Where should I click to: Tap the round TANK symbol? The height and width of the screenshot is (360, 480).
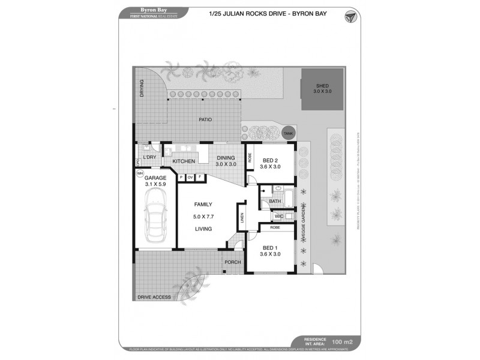(x=289, y=133)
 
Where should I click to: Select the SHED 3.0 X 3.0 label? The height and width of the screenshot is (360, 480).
(x=322, y=88)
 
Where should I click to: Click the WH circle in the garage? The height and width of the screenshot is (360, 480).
(x=140, y=174)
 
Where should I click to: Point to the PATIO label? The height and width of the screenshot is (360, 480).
(x=206, y=120)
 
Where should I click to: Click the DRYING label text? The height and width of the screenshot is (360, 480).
(x=142, y=88)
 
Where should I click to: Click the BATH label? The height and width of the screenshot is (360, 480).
(x=274, y=202)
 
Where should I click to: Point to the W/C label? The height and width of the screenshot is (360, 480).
(x=279, y=216)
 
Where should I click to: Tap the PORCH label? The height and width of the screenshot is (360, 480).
(x=232, y=263)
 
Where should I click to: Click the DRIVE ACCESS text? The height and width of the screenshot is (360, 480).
(x=154, y=297)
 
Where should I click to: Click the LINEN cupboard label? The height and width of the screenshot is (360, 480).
(x=242, y=221)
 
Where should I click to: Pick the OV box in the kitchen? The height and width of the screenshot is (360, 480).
(x=190, y=178)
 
